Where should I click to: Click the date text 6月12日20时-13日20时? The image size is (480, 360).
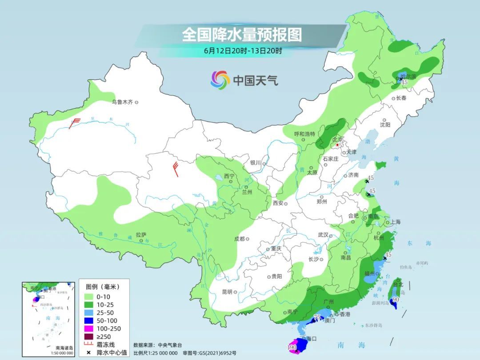pyautogui.click(x=243, y=50)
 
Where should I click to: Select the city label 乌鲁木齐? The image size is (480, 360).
pyautogui.click(x=122, y=102)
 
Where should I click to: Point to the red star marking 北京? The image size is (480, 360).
pyautogui.click(x=338, y=145)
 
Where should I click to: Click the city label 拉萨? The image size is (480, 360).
pyautogui.click(x=141, y=234)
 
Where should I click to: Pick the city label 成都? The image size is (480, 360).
pyautogui.click(x=239, y=239)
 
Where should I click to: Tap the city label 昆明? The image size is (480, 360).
pyautogui.click(x=227, y=292)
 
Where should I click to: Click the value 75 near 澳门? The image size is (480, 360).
pyautogui.click(x=317, y=317)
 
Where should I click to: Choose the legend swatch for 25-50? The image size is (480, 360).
pyautogui.click(x=88, y=312)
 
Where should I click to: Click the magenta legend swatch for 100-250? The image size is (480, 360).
pyautogui.click(x=88, y=328)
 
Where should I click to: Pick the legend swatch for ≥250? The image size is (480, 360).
pyautogui.click(x=88, y=336)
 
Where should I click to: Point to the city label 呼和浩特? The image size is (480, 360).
pyautogui.click(x=304, y=134)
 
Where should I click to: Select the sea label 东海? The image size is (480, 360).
pyautogui.click(x=419, y=243)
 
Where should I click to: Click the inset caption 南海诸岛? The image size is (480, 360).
pyautogui.click(x=64, y=348)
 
